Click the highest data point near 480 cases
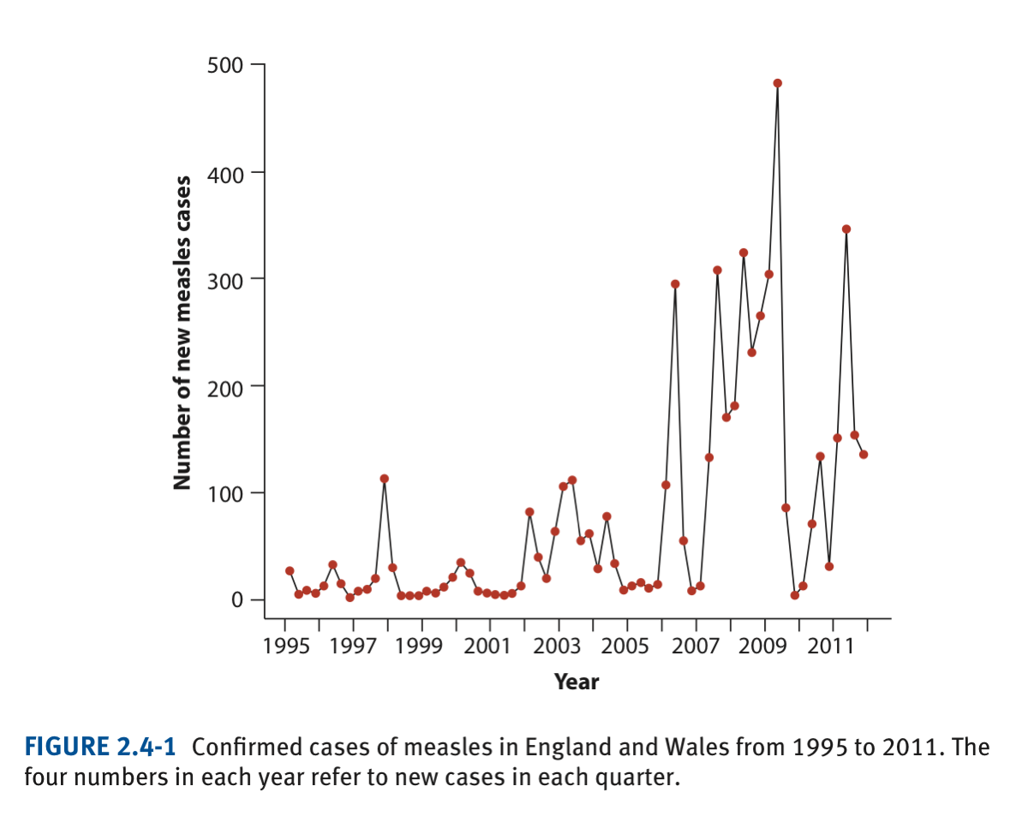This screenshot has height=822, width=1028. [x=777, y=83]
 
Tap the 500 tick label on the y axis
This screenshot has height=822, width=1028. [x=225, y=65]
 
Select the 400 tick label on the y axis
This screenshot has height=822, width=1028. [x=225, y=173]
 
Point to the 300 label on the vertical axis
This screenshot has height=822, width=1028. [x=225, y=279]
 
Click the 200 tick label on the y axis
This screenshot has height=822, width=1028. [x=225, y=386]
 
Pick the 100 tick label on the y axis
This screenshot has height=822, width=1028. [x=225, y=493]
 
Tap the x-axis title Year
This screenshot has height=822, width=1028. [x=577, y=682]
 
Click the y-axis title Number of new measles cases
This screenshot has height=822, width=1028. [x=182, y=332]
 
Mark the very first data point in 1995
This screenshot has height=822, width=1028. [x=290, y=570]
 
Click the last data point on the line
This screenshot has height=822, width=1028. [x=864, y=455]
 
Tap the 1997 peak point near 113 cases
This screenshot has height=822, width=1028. [x=384, y=479]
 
